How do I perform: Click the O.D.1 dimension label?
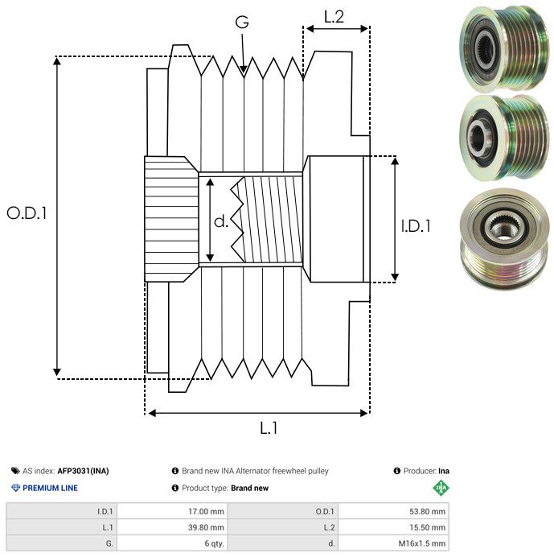(x=27, y=213)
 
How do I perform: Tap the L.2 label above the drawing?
(x=334, y=16)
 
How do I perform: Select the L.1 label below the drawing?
(x=269, y=428)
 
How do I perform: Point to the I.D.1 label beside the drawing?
(x=416, y=227)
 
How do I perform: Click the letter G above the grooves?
(x=241, y=23)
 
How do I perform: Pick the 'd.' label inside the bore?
(x=221, y=221)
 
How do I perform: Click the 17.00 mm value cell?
(x=206, y=511)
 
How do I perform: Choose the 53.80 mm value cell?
(x=428, y=511)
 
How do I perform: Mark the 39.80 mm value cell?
(x=206, y=527)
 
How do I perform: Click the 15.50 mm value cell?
(x=428, y=527)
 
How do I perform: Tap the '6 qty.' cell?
(x=213, y=543)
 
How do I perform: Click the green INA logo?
(x=441, y=487)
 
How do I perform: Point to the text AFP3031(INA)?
(x=83, y=471)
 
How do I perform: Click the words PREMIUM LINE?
(x=50, y=488)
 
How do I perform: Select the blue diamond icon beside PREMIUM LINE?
(x=15, y=488)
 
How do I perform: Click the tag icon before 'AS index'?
(x=15, y=471)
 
